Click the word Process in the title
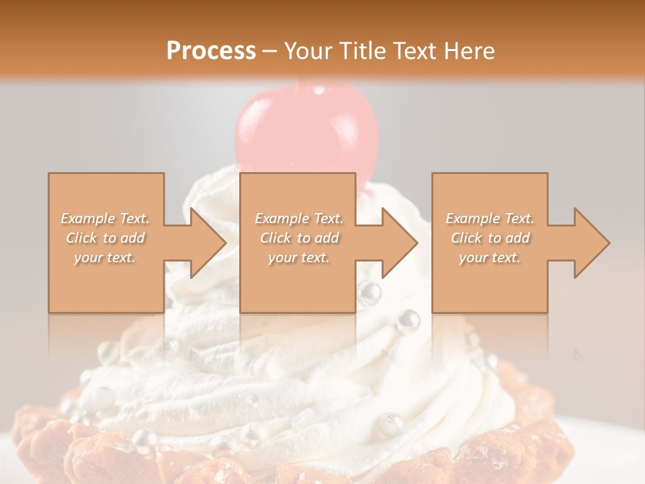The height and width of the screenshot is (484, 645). point(211,50)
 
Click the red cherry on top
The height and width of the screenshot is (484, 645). point(306,128)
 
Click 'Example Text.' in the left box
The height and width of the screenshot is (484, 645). point(105,218)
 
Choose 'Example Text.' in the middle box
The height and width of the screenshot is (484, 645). point(298,218)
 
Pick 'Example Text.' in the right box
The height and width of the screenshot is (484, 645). point(490,218)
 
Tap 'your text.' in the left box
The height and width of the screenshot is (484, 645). point(105,257)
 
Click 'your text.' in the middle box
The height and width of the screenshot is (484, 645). point(298,257)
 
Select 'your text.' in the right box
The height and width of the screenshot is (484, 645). point(490,257)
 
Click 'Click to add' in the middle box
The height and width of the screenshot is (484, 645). point(298,238)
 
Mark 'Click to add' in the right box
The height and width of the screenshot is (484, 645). point(490,238)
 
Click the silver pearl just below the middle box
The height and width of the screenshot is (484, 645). point(369,294)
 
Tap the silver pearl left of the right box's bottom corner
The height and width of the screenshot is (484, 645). point(407,321)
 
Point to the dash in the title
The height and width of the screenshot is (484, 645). point(269,51)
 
